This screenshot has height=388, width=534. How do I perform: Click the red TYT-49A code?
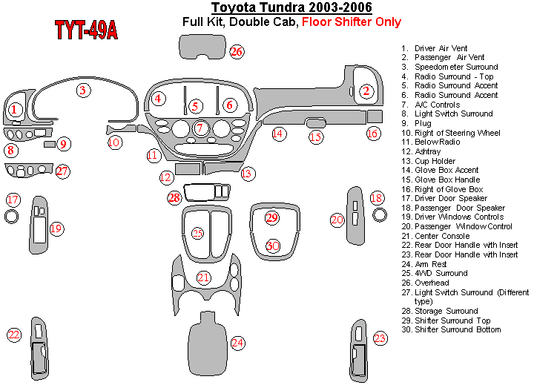tap(85, 30)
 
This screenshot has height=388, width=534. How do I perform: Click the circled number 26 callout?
tap(237, 51)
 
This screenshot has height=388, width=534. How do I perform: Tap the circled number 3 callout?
tap(83, 91)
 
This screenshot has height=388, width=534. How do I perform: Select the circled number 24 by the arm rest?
tap(237, 343)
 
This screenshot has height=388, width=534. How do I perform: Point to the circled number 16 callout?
tap(372, 134)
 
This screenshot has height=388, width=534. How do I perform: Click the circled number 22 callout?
tap(13, 335)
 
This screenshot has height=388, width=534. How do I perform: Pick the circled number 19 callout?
tap(56, 228)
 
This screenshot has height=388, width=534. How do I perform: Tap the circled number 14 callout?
tap(277, 134)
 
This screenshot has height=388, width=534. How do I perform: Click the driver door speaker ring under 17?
tap(13, 217)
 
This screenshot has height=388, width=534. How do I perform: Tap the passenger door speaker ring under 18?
tap(380, 216)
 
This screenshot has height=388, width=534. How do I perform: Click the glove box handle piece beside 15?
tap(315, 122)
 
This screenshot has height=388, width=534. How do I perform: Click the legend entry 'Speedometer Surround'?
tap(455, 67)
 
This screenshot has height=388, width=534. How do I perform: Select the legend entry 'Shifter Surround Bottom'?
tap(457, 329)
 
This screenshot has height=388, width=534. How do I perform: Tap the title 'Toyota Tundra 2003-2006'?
tap(292, 8)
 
